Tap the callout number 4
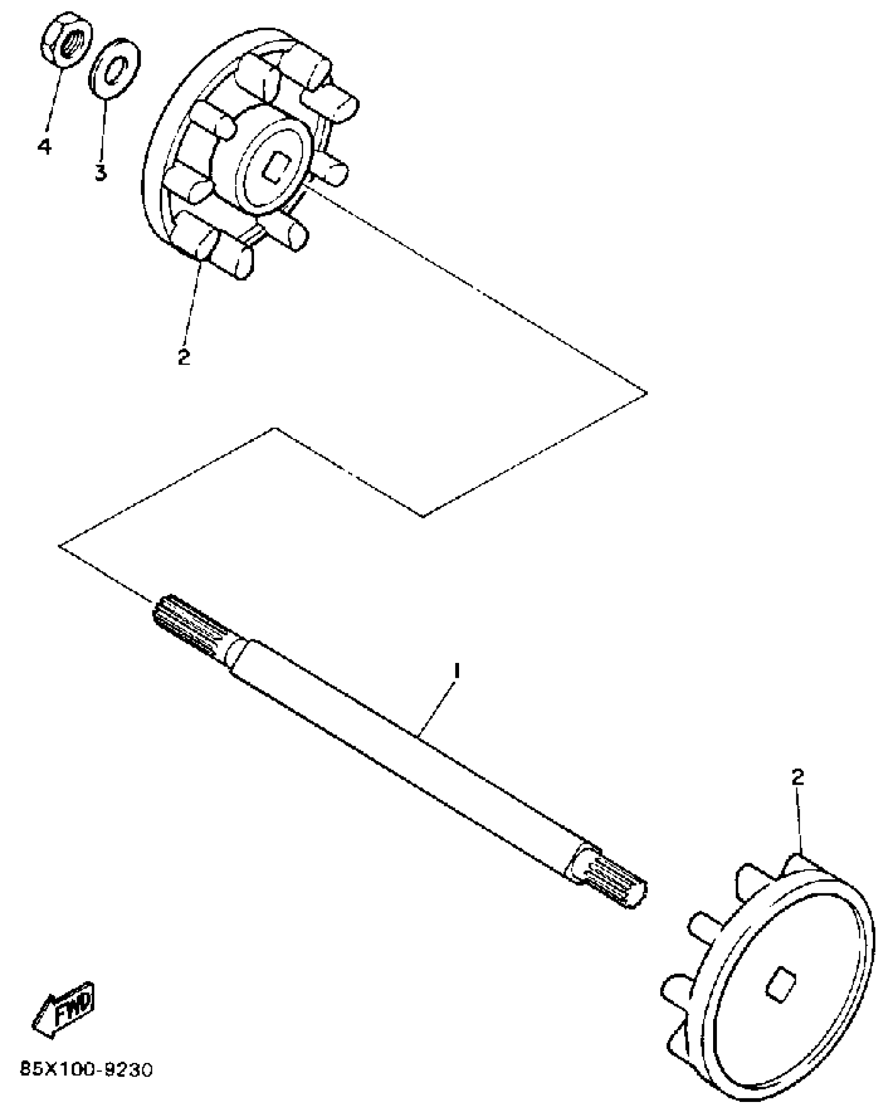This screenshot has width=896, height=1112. click(45, 146)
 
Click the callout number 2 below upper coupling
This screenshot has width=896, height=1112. click(183, 357)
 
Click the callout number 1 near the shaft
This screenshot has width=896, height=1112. click(457, 671)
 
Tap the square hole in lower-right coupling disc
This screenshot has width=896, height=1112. click(778, 986)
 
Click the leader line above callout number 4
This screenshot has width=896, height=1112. click(53, 100)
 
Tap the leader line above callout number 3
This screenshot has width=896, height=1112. click(103, 126)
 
